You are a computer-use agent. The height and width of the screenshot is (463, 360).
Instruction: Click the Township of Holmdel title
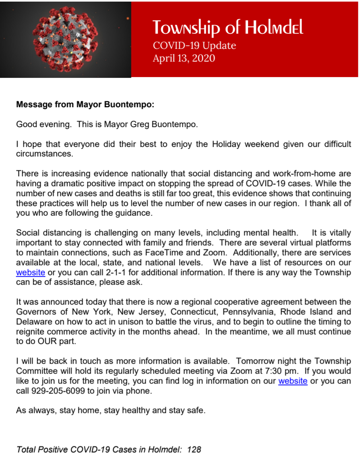(228, 27)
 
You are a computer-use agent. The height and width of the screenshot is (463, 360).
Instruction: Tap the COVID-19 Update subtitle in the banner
(194, 46)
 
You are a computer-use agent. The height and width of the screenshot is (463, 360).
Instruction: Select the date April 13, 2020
(184, 58)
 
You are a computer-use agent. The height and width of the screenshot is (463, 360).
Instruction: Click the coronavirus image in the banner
(66, 39)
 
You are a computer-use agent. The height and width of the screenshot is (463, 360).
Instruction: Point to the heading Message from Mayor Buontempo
(85, 105)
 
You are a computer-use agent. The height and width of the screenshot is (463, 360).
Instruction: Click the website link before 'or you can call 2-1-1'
(30, 273)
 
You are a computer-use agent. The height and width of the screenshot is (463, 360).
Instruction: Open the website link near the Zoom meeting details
(292, 381)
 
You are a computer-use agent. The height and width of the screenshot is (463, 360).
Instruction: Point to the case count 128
(194, 449)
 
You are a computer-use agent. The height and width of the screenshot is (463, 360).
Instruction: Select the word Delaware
(33, 322)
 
